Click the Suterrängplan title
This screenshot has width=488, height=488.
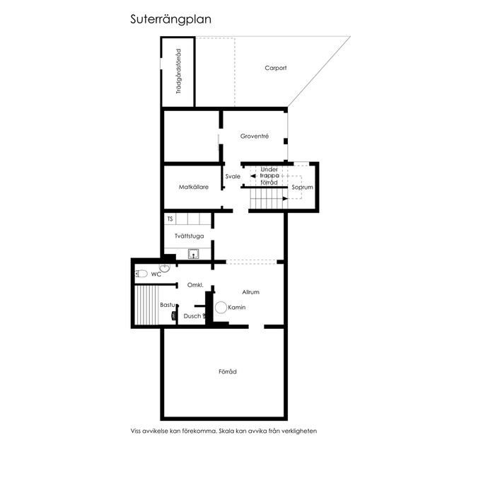tap(170, 20)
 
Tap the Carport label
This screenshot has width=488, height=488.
tap(275, 68)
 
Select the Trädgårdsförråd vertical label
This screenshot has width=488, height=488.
tap(179, 71)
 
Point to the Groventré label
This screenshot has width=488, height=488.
tap(255, 136)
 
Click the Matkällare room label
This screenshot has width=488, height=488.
tap(194, 187)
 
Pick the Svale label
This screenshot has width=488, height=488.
tap(233, 177)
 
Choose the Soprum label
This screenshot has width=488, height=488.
tap(302, 187)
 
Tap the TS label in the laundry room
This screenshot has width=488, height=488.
tap(170, 219)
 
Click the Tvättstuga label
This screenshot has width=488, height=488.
tap(190, 236)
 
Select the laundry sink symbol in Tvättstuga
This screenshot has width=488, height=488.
tap(194, 254)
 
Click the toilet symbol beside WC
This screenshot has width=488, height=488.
tap(141, 274)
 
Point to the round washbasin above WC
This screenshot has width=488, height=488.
tap(164, 267)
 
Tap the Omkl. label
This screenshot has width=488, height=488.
tap(195, 285)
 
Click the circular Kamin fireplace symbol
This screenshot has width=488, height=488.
tap(221, 308)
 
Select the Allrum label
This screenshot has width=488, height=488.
tap(250, 292)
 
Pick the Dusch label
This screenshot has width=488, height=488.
tap(192, 316)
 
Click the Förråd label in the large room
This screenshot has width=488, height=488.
tap(228, 371)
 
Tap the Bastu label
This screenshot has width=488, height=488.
tap(168, 305)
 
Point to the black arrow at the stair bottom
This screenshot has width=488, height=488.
tap(285, 199)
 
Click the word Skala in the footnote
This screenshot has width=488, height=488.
tap(226, 431)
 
